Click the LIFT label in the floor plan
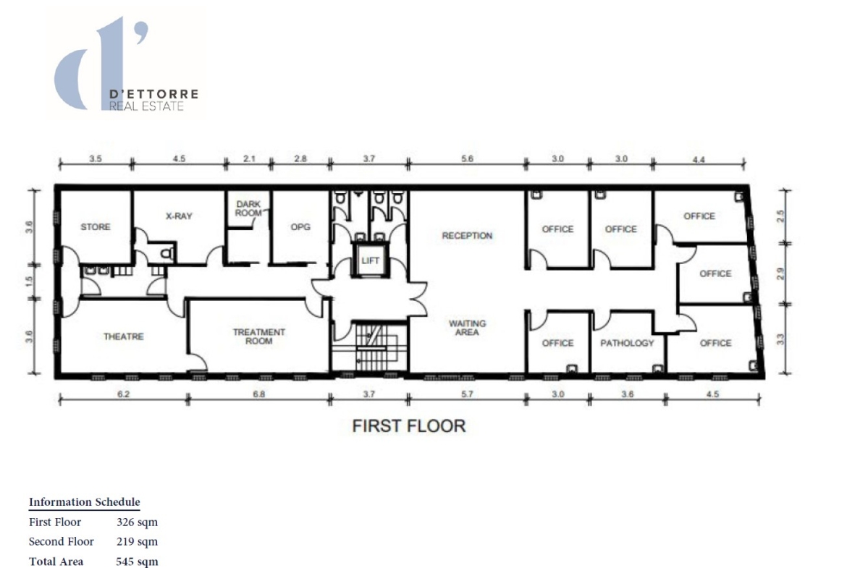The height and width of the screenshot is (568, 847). pyautogui.click(x=370, y=260)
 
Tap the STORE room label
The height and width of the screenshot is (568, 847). pyautogui.click(x=96, y=226)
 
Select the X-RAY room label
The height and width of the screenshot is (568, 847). pyautogui.click(x=179, y=216)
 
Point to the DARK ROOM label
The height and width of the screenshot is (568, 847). pyautogui.click(x=248, y=208)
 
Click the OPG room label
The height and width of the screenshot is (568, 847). pyautogui.click(x=300, y=226)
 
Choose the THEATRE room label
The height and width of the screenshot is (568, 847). pyautogui.click(x=124, y=336)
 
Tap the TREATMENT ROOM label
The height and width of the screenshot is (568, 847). pyautogui.click(x=258, y=336)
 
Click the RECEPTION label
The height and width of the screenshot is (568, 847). pyautogui.click(x=467, y=235)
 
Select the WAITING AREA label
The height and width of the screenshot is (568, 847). pyautogui.click(x=467, y=328)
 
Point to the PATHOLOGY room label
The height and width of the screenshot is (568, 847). pyautogui.click(x=627, y=343)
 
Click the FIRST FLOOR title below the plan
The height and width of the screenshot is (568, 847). pyautogui.click(x=409, y=426)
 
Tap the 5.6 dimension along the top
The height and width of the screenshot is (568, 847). pyautogui.click(x=467, y=158)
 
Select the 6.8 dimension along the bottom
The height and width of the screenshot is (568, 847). pyautogui.click(x=258, y=394)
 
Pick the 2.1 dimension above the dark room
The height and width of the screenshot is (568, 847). pyautogui.click(x=249, y=158)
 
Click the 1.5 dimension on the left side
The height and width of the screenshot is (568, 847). pyautogui.click(x=29, y=281)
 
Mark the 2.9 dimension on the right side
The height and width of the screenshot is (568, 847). pyautogui.click(x=780, y=274)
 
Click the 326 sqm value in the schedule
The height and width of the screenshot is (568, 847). pyautogui.click(x=138, y=522)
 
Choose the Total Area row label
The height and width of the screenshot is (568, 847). pyautogui.click(x=56, y=561)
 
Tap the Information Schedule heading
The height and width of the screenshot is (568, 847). pyautogui.click(x=84, y=502)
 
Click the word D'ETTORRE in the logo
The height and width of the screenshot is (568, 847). pyautogui.click(x=154, y=94)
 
